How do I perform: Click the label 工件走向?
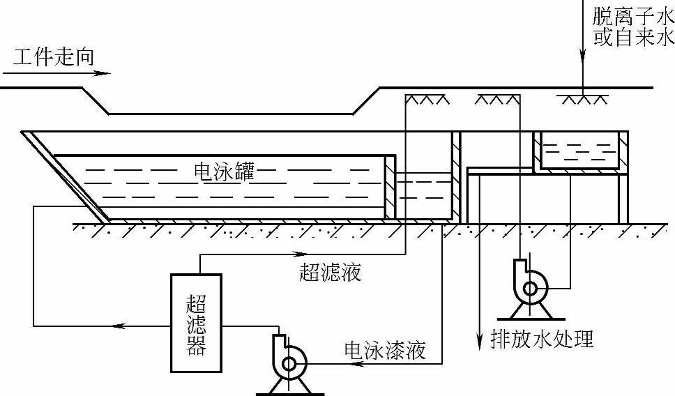53,56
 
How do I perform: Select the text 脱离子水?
633,15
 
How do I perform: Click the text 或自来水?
633,36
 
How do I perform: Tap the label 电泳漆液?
385,349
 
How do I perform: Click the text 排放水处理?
542,339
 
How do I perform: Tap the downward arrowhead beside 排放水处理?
480,337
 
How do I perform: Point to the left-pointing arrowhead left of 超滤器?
119,326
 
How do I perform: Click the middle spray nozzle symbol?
496,100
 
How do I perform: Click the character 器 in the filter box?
197,346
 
